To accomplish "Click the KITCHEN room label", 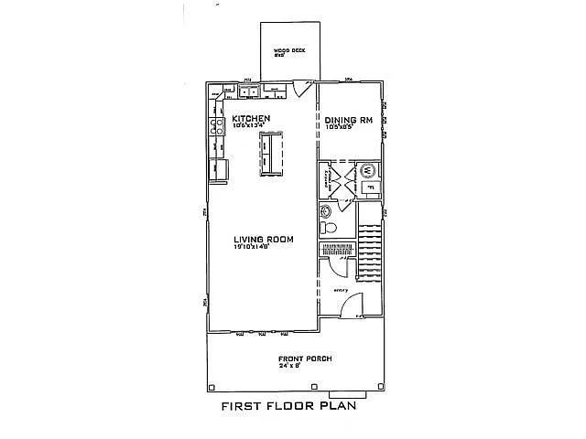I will (251, 119).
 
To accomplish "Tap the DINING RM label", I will (348, 119).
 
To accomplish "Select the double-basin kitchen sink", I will (248, 91).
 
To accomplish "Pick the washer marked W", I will (368, 170).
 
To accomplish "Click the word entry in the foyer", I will (342, 291).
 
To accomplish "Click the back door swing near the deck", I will (302, 89).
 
